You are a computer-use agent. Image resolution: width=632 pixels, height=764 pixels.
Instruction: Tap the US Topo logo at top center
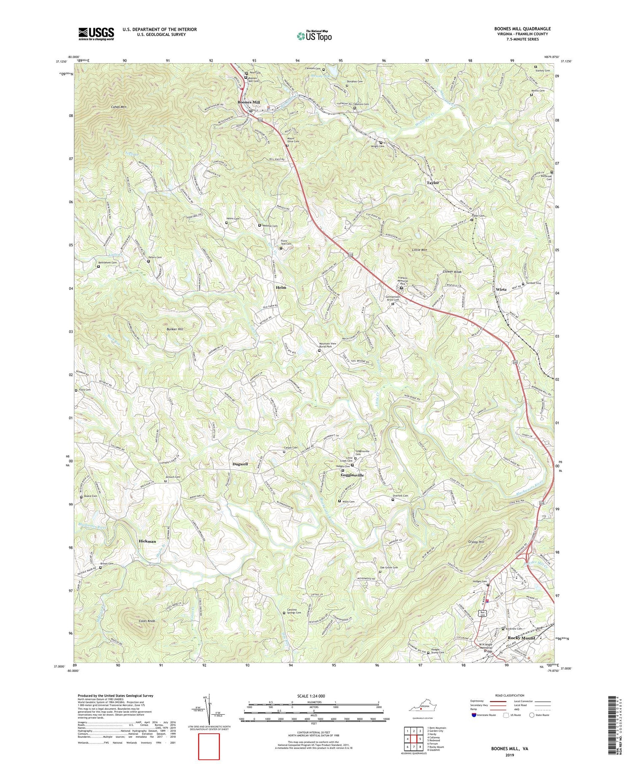314,36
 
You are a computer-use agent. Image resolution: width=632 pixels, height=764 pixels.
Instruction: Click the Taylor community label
433,183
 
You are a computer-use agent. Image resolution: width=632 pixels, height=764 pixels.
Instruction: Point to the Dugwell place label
240,464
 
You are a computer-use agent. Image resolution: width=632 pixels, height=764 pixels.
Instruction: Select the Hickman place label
147,541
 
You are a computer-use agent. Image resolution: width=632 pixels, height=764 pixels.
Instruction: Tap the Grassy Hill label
476,542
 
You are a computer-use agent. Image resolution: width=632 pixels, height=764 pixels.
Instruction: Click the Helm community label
281,287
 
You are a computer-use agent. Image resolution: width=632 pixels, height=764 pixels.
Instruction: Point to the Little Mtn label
419,250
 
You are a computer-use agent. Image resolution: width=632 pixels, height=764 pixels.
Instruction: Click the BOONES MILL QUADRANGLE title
522,29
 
